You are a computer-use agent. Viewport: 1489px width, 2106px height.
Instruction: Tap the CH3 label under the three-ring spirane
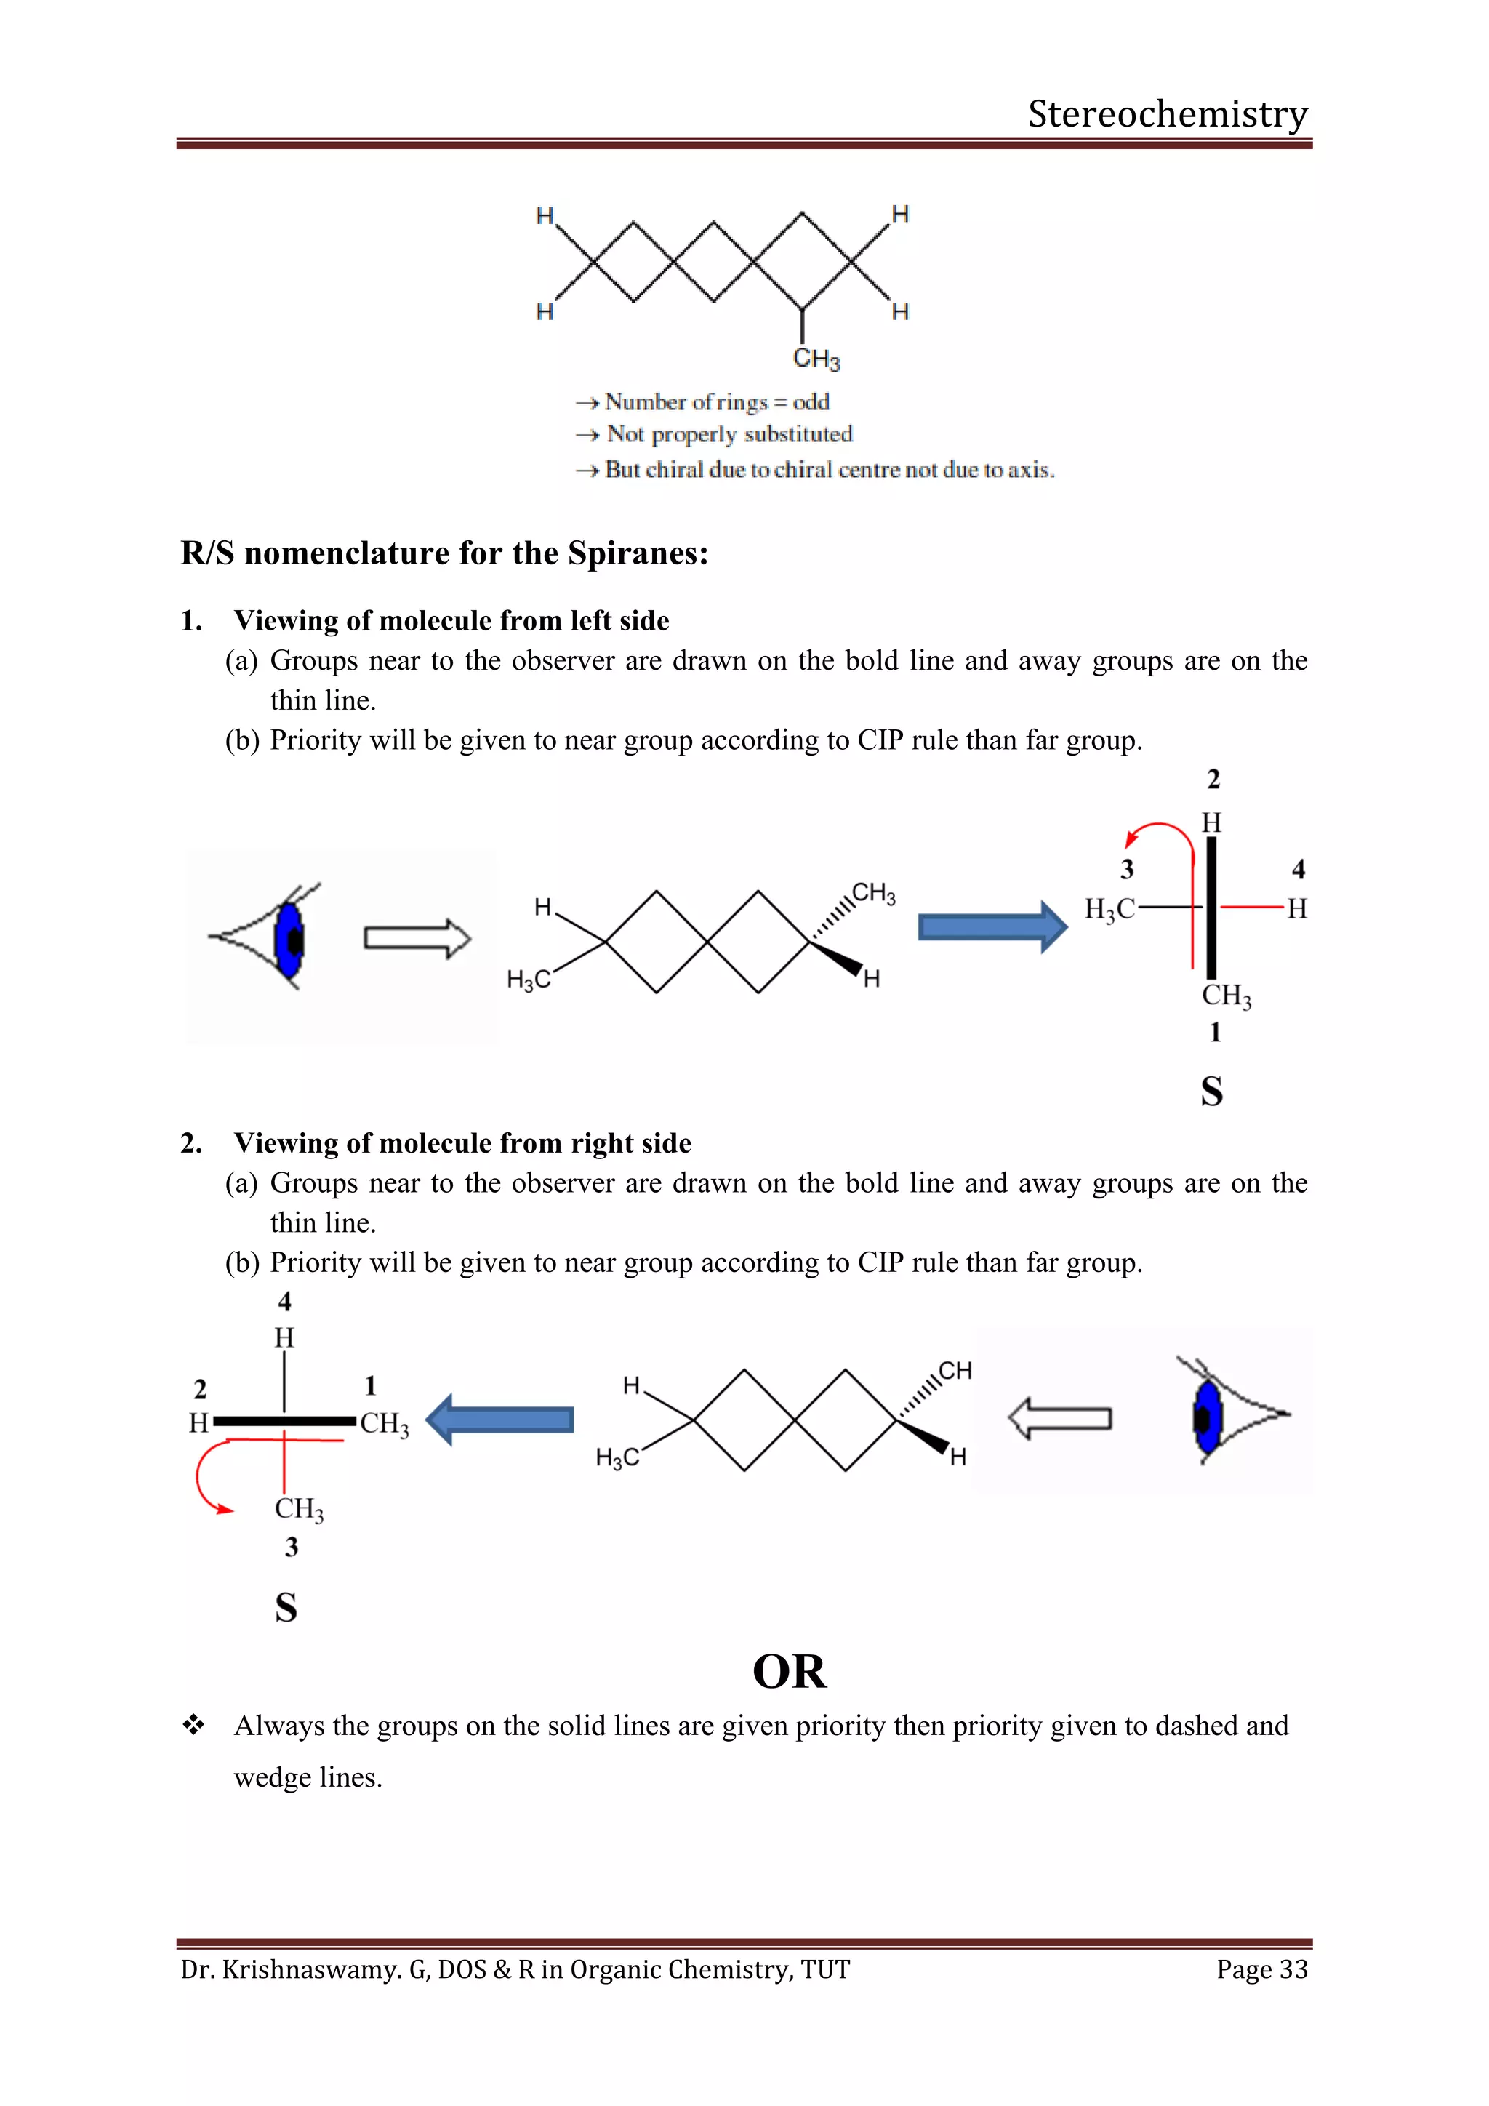[x=816, y=359]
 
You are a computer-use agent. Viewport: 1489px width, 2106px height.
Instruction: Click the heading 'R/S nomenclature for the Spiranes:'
[x=445, y=553]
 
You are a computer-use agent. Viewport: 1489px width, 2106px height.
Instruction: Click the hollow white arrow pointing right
[x=417, y=938]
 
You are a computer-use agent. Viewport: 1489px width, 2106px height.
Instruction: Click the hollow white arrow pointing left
[x=1060, y=1419]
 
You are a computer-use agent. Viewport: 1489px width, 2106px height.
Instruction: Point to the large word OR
[x=789, y=1671]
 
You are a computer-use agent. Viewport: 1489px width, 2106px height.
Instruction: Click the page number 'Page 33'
[x=1261, y=1969]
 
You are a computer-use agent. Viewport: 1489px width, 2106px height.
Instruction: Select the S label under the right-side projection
[x=1211, y=1092]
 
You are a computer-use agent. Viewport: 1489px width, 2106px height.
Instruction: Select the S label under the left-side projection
[x=286, y=1608]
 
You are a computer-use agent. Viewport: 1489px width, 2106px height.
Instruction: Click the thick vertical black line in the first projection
[x=1211, y=908]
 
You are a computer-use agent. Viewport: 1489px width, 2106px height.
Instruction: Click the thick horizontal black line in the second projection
[x=284, y=1421]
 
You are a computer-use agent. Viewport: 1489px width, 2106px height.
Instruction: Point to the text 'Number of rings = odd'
[x=716, y=401]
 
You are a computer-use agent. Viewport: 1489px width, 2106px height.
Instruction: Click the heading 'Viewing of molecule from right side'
[x=462, y=1143]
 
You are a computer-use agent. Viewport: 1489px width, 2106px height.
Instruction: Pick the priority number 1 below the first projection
[x=1215, y=1033]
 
